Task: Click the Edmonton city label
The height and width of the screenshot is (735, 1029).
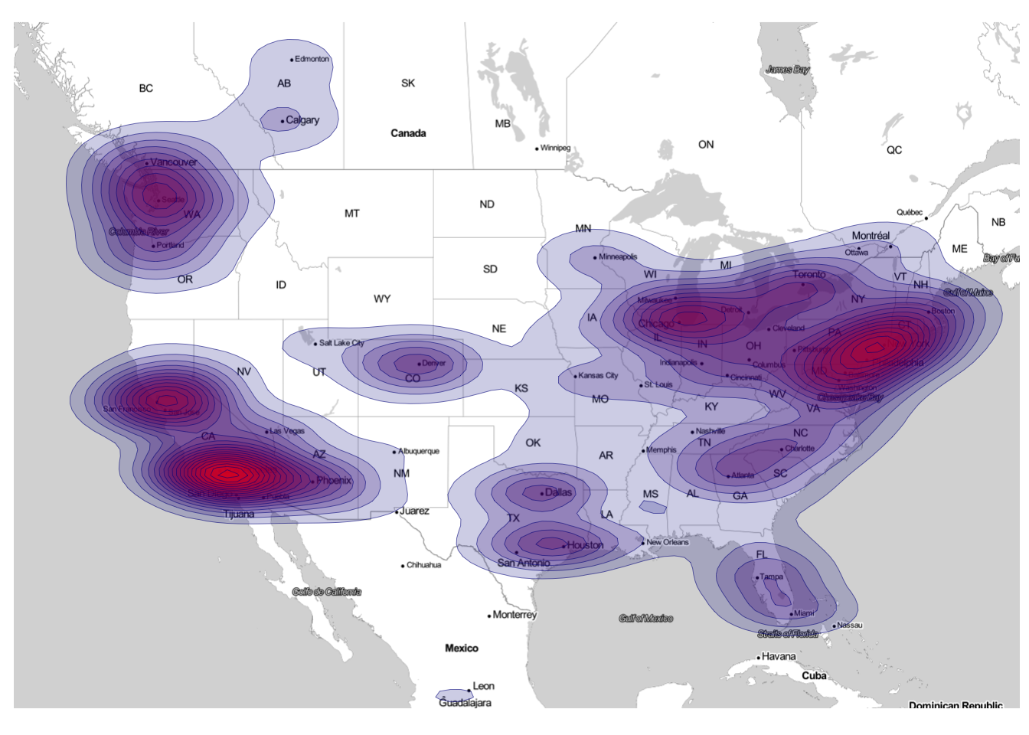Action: point(312,59)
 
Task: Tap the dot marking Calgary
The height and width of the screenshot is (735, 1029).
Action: point(283,121)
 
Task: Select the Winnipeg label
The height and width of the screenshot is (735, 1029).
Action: point(555,148)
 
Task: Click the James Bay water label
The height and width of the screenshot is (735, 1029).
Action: point(788,70)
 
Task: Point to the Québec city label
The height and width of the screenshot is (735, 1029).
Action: point(910,212)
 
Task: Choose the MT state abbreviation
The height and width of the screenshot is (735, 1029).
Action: point(351,214)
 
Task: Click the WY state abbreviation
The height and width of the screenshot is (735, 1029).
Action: point(382,299)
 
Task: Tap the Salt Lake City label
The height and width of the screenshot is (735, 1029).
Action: point(341,343)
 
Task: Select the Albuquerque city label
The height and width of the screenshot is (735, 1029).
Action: point(419,451)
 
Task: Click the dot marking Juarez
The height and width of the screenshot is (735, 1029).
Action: point(397,511)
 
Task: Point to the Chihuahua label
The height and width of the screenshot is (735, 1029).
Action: point(423,565)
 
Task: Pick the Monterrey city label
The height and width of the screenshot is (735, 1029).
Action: point(514,615)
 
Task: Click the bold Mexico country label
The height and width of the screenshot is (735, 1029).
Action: point(462,648)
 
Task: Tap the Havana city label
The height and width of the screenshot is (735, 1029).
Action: point(779,656)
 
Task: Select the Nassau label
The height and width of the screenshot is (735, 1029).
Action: point(850,625)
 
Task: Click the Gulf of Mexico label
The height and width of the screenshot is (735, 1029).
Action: point(645,618)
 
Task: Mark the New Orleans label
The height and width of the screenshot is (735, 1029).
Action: point(668,542)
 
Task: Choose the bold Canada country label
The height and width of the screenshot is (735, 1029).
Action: point(408,133)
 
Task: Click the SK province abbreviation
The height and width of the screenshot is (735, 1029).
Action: point(408,83)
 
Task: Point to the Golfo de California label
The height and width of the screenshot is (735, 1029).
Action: point(327,591)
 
